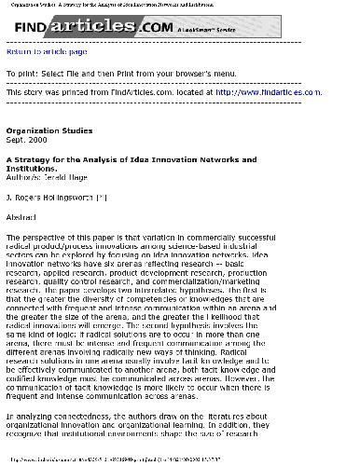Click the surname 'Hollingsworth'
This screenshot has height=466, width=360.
click(85, 198)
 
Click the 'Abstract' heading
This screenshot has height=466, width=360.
click(22, 216)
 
